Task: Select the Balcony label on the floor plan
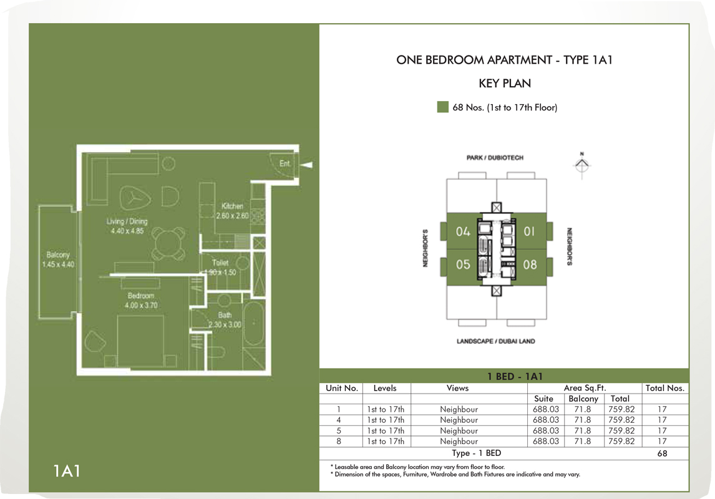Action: tap(58, 259)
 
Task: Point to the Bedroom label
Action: tap(140, 300)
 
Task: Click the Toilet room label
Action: tap(220, 267)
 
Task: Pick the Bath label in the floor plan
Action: tap(225, 319)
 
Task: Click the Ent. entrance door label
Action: tap(285, 163)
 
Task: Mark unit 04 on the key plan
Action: tap(463, 231)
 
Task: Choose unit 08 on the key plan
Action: tap(530, 264)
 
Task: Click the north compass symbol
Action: tap(581, 164)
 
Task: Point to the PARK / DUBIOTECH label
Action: tap(495, 158)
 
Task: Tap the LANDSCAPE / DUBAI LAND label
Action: tap(495, 341)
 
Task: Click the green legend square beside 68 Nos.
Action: tap(443, 107)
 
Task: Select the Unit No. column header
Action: tap(341, 388)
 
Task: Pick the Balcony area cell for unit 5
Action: tap(583, 430)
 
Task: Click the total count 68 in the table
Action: tap(662, 453)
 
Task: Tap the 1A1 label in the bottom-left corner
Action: tap(67, 470)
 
